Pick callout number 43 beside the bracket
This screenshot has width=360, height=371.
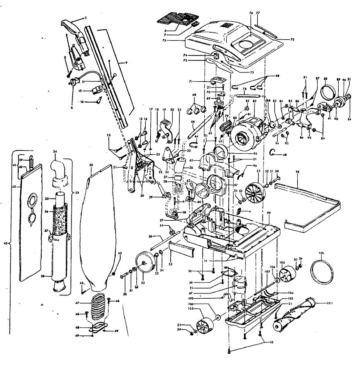(x=5, y=244)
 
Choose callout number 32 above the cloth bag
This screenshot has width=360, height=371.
(x=91, y=165)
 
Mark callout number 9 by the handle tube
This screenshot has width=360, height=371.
(x=126, y=62)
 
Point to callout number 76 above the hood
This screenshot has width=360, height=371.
(x=251, y=13)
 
